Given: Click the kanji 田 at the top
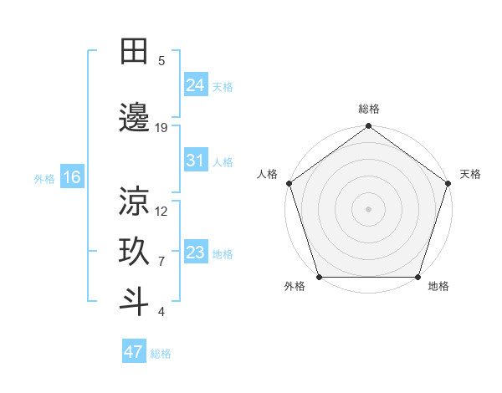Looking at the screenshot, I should (x=134, y=52).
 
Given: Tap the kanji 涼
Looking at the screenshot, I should (x=134, y=201).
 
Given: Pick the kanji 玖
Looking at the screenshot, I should (x=134, y=251).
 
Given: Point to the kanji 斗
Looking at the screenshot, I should (x=134, y=302).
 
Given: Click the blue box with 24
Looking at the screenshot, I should (x=196, y=85).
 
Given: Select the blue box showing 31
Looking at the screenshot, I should (x=196, y=161).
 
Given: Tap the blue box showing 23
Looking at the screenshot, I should (x=196, y=253).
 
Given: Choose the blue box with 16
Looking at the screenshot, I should (x=72, y=177).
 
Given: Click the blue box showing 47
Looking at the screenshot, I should (x=134, y=352).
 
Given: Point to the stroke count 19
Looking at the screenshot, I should (x=161, y=128).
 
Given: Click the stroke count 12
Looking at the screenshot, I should (x=161, y=211).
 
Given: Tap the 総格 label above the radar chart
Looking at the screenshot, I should (x=368, y=109).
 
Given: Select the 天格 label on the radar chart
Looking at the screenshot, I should (x=470, y=174).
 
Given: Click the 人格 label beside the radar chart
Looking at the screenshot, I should (x=268, y=174).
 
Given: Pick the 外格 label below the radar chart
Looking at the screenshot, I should (x=295, y=287).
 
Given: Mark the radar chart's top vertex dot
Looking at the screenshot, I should (x=368, y=127).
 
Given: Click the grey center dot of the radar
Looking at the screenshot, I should (x=368, y=208).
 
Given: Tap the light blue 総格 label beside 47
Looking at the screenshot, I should (x=161, y=354).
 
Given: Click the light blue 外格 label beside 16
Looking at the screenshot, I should (x=44, y=179).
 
